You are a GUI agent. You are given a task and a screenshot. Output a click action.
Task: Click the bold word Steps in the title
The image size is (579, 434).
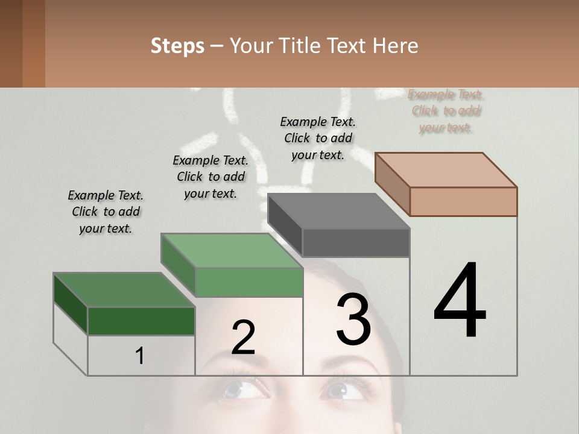coord(177,46)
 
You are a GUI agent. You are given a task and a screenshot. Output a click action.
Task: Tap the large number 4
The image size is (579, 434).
coord(460,301)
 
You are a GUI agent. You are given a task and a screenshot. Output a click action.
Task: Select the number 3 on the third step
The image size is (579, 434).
coord(353,319)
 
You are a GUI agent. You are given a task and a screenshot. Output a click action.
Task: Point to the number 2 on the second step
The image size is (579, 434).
coord(243,338)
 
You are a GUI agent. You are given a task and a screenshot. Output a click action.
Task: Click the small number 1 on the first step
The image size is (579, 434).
coord(139,356)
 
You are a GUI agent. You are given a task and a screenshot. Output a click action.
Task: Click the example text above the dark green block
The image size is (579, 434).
coord(106,212)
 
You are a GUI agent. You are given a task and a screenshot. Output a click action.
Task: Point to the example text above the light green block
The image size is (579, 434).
coord(210,177)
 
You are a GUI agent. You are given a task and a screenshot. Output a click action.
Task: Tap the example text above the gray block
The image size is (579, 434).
coord(318,138)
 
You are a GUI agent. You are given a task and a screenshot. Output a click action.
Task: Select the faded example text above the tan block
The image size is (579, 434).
coord(446,111)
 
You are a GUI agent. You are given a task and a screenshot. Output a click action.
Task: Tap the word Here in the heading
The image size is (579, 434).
coord(396,46)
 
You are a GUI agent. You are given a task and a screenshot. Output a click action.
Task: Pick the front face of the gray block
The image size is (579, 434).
coord(356,243)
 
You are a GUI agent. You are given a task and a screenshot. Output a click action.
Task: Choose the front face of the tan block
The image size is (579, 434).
coord(463,201)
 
